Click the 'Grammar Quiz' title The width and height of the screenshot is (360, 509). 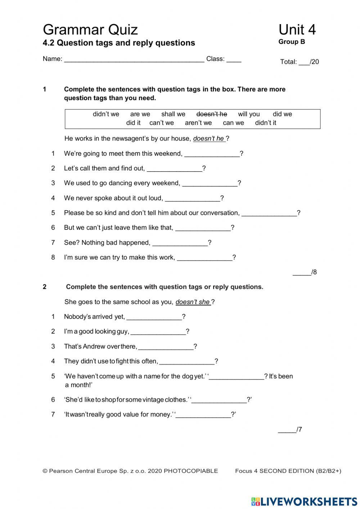(x=90, y=30)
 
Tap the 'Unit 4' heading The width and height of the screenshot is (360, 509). (x=297, y=30)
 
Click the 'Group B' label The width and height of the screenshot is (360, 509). (x=292, y=42)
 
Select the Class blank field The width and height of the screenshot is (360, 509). (x=234, y=61)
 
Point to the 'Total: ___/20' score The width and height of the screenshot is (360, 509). (x=300, y=62)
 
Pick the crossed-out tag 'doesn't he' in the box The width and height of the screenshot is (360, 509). (x=212, y=114)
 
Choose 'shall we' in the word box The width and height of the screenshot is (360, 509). (x=173, y=114)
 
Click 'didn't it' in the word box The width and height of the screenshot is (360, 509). (x=265, y=123)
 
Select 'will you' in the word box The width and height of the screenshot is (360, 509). (x=249, y=114)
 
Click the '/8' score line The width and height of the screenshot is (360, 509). (x=305, y=272)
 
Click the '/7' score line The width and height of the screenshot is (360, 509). (x=290, y=429)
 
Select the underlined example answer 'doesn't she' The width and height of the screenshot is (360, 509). (x=193, y=302)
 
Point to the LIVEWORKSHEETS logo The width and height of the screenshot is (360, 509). (x=304, y=501)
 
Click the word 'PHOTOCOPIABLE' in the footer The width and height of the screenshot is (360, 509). (x=191, y=471)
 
